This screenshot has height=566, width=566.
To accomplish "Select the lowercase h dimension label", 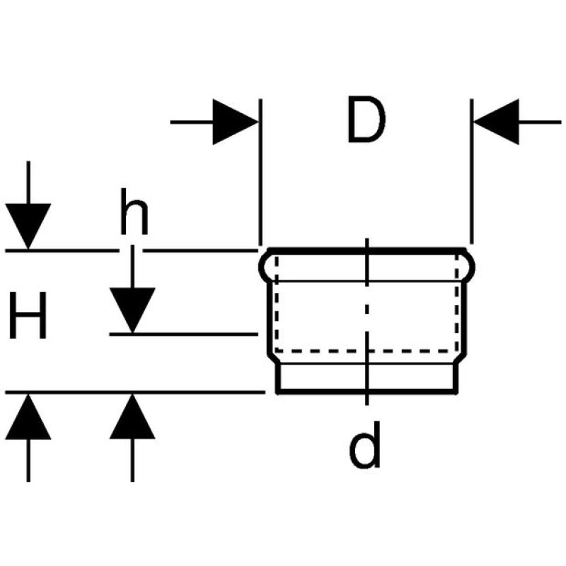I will click(134, 213).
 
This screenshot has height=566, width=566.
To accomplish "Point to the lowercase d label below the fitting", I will click(365, 446).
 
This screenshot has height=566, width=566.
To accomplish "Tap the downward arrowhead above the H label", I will click(28, 226).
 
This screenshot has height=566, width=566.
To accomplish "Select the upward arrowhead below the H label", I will click(28, 417).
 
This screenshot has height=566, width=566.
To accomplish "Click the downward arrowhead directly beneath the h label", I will click(132, 310).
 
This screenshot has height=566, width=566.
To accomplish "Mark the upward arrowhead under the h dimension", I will click(132, 417).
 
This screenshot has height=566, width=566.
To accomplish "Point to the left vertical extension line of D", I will click(260, 170).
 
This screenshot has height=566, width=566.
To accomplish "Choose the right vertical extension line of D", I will click(471, 170).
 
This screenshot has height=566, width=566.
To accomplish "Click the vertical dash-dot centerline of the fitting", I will click(367, 318).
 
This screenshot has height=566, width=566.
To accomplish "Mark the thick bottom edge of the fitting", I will click(365, 391).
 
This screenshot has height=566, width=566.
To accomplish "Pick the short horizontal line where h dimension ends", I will click(184, 333).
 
